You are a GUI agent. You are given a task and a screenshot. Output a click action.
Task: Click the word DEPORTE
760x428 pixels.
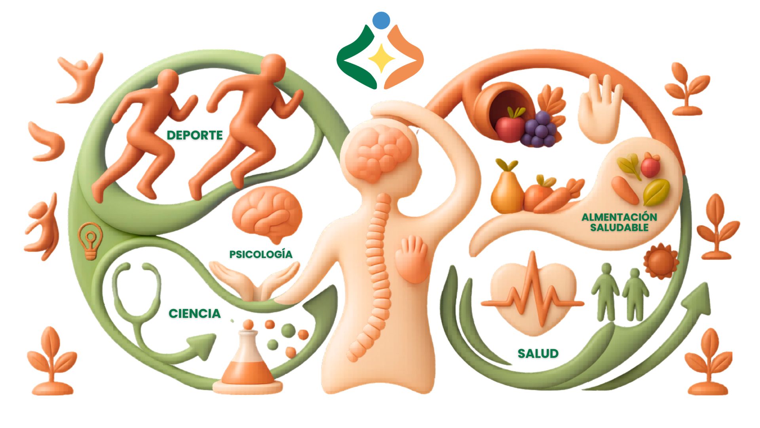tap(195, 135)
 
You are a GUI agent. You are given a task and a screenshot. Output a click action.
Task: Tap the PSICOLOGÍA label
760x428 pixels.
tap(261, 254)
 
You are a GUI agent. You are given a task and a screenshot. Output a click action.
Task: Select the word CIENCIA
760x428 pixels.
tap(195, 313)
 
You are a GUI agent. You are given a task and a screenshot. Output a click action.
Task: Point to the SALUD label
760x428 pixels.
tap(538, 353)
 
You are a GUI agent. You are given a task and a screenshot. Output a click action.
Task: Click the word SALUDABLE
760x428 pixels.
tap(619, 227)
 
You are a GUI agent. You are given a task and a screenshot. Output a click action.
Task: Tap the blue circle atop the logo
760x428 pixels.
tap(381, 20)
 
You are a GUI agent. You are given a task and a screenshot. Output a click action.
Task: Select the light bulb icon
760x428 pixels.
tap(91, 241)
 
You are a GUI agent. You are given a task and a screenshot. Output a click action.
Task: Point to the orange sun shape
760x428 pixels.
tap(661, 261)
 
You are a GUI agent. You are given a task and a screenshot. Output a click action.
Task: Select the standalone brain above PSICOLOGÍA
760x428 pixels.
tap(267, 214)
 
